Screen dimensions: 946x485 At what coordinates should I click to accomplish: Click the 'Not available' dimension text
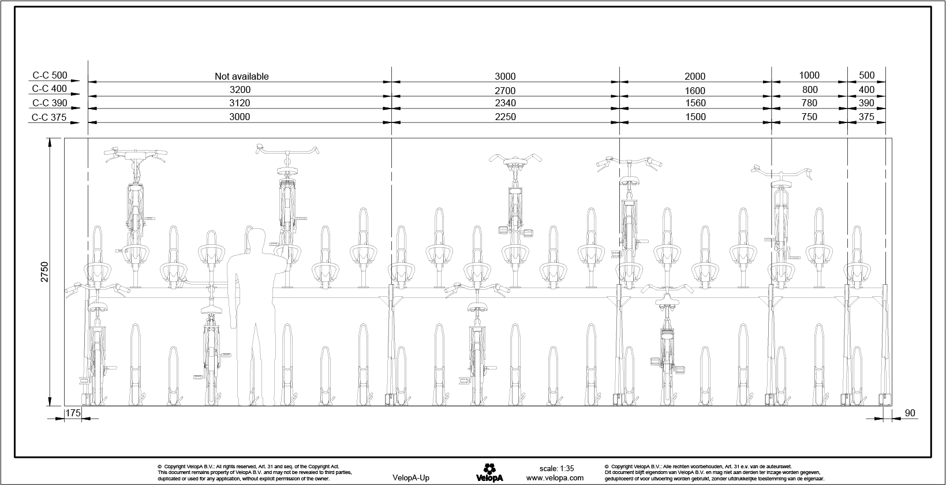click(242, 76)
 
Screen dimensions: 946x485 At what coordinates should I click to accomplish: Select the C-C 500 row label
click(50, 75)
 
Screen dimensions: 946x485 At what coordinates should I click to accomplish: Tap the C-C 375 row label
click(49, 117)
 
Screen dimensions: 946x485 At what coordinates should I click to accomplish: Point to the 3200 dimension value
click(240, 89)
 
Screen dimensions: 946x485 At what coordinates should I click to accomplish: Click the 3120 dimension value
click(240, 103)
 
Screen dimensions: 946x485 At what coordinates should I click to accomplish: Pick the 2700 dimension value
click(505, 91)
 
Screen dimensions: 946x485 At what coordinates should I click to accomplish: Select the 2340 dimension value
click(505, 103)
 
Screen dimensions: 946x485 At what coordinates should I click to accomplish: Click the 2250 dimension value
click(505, 117)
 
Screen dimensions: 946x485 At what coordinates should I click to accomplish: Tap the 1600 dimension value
click(695, 91)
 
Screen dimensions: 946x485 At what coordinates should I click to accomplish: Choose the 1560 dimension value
click(695, 103)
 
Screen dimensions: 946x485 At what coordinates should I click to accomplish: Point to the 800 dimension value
click(810, 89)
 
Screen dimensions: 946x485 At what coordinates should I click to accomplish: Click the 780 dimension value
click(810, 103)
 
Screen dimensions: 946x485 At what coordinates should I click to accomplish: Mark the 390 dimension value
click(866, 103)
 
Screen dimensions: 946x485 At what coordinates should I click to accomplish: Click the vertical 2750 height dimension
click(44, 272)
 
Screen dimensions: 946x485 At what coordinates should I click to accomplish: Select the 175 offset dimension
click(73, 413)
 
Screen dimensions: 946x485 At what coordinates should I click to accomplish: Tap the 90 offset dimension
click(910, 413)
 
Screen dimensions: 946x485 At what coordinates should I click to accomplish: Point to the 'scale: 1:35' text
click(556, 468)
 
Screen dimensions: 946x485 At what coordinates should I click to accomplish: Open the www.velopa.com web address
click(555, 478)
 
